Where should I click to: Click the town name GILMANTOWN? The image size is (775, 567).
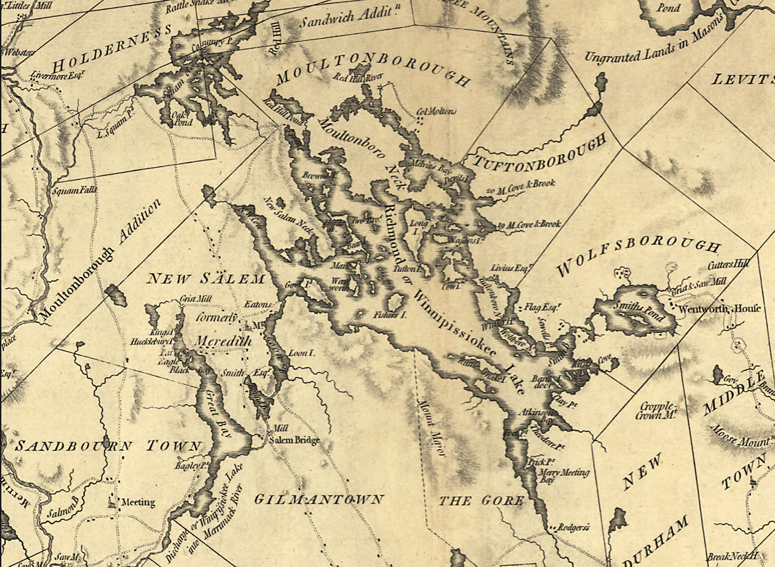(x=319, y=499)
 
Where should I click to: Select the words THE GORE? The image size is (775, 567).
(x=481, y=500)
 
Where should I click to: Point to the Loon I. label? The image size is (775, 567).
(x=301, y=352)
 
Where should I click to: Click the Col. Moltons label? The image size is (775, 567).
(x=436, y=112)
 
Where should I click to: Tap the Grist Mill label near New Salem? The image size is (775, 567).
(x=196, y=299)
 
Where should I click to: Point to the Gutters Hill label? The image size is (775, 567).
(x=728, y=264)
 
